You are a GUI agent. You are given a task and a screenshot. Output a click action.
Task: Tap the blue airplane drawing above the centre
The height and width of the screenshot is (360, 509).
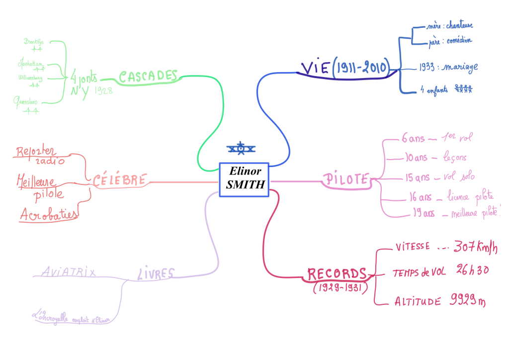pyautogui.click(x=241, y=148)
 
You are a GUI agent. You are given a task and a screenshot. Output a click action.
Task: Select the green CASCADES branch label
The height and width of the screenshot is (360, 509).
pyautogui.click(x=148, y=76)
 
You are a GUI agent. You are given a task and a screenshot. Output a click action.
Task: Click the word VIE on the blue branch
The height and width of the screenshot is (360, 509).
pyautogui.click(x=312, y=68)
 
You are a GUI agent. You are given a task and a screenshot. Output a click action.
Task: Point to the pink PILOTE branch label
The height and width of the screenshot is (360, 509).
pyautogui.click(x=346, y=180)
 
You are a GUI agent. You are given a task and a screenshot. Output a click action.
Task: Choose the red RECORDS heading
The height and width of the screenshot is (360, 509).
pyautogui.click(x=337, y=274)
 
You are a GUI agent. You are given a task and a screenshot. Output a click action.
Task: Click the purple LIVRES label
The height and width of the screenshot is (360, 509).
pyautogui.click(x=156, y=273)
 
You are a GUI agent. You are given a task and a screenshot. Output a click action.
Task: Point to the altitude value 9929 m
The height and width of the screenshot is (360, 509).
pyautogui.click(x=468, y=300)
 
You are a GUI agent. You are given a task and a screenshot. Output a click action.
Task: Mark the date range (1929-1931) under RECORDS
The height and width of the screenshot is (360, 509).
pyautogui.click(x=338, y=288)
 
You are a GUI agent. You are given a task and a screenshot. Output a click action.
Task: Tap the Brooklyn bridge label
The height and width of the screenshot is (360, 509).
pyautogui.click(x=34, y=42)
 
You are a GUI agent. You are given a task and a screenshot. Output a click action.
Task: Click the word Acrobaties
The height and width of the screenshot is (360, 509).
pyautogui.click(x=49, y=214)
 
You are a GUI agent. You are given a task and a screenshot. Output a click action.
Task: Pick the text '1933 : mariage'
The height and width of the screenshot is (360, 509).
pyautogui.click(x=442, y=67)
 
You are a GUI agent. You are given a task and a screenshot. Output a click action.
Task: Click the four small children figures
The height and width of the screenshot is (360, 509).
pyautogui.click(x=463, y=89)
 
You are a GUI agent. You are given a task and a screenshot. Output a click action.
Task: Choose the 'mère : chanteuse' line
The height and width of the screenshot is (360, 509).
pyautogui.click(x=450, y=26)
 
